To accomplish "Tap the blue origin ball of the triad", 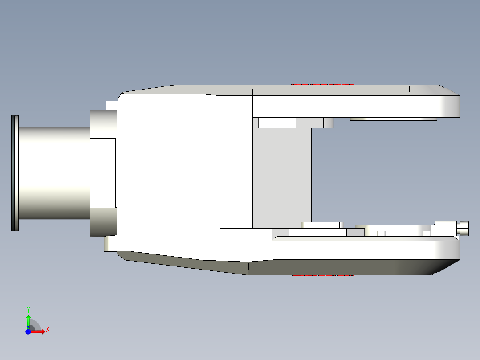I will tap(28, 331).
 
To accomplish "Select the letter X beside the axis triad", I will tap(48, 330).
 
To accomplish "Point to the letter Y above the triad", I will tap(28, 310).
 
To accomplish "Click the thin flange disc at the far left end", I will tap(15, 173).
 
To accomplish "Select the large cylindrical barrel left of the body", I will tap(53, 173).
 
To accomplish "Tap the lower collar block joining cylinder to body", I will tap(103, 222).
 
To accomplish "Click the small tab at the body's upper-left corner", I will tap(112, 105).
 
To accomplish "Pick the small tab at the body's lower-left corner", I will tap(110, 244).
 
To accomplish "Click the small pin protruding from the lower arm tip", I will tap(464, 228).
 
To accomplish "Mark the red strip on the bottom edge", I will tap(323, 276).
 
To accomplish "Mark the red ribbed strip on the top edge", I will tap(322, 84).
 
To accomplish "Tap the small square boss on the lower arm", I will tap(381, 233).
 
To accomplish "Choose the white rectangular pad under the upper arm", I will tap(277, 123).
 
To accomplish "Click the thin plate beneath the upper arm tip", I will tap(393, 119).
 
